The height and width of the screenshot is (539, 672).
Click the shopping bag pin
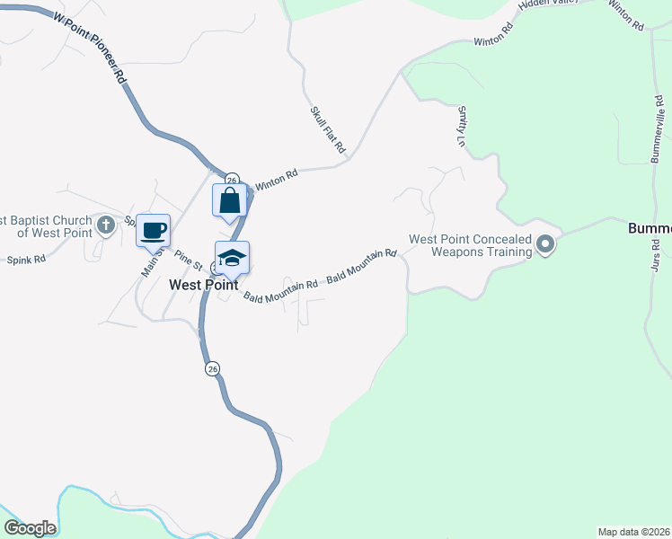[229, 199]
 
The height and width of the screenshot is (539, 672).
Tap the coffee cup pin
[154, 230]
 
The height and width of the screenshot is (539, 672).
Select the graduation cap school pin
[232, 259]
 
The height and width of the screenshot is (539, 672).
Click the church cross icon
[106, 225]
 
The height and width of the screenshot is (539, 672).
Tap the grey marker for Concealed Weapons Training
[544, 243]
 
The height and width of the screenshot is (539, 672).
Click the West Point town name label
[203, 284]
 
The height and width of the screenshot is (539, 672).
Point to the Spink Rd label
[25, 261]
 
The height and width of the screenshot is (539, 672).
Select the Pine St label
[188, 260]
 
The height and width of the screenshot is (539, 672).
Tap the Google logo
[30, 527]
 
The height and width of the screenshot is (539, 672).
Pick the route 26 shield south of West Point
[212, 369]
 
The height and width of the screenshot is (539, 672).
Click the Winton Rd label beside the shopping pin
[276, 180]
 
